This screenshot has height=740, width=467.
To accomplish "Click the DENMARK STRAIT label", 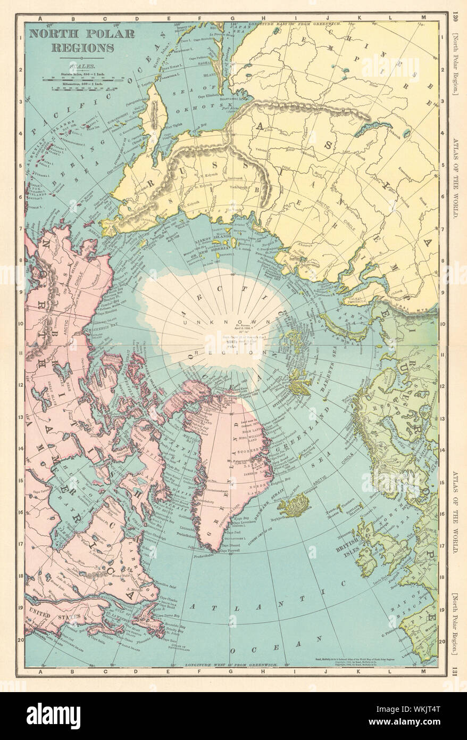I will pyautogui.click(x=272, y=500).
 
